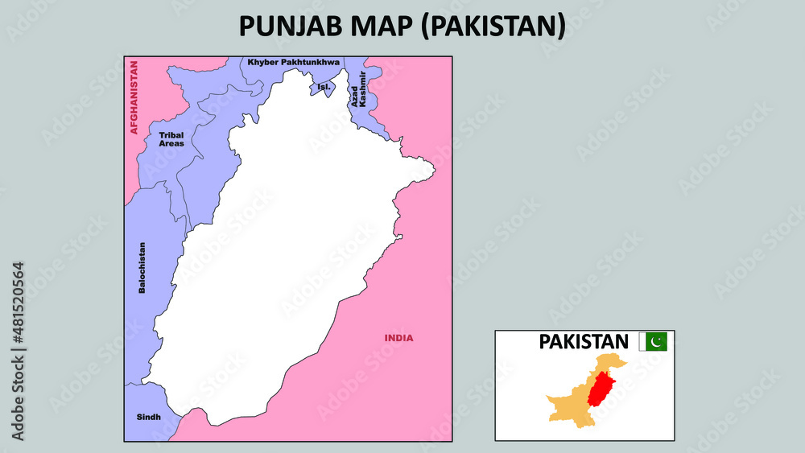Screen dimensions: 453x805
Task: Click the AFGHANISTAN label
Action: [134, 97]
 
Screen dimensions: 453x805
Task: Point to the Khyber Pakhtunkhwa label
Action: [294, 62]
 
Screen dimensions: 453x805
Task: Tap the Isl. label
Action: [324, 86]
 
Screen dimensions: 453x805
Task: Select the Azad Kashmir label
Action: [358, 89]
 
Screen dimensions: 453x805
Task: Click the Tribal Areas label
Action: [171, 139]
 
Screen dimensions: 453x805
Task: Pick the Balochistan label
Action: [142, 267]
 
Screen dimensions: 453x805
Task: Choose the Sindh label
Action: [148, 417]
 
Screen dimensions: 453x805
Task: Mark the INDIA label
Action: [398, 338]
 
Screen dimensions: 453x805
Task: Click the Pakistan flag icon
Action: [653, 342]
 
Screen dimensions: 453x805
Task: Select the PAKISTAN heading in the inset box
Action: [584, 341]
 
